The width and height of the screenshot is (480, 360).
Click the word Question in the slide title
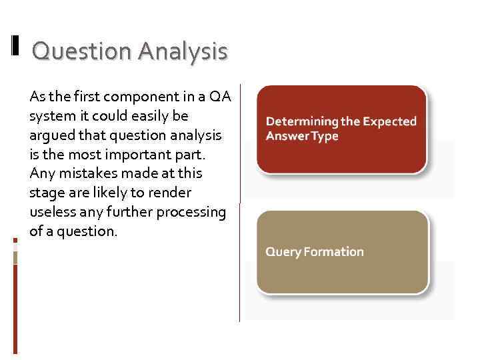click(82, 51)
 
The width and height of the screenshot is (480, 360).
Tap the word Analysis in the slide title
click(183, 51)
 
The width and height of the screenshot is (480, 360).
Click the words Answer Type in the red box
click(302, 136)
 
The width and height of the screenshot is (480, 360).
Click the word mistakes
click(85, 173)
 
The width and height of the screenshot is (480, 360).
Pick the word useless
click(52, 212)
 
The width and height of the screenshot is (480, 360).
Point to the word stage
click(46, 193)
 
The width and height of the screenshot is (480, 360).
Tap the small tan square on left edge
click(15, 257)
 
